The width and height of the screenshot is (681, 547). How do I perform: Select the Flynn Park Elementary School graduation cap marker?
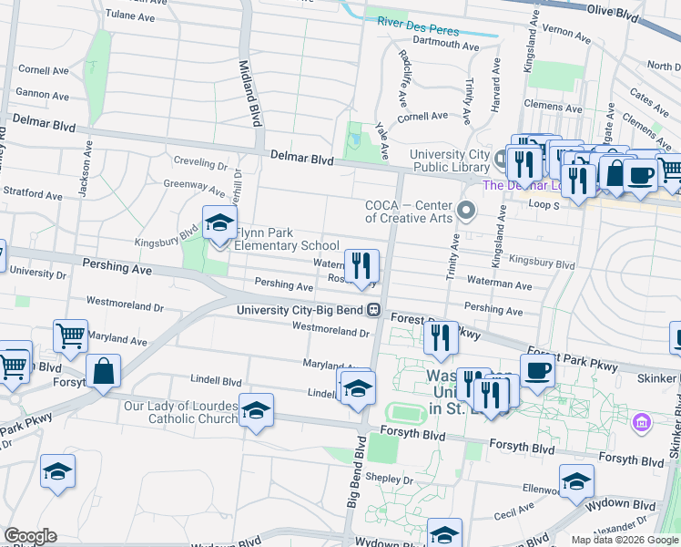click(219, 223)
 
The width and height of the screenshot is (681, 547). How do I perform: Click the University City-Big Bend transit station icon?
click(373, 310)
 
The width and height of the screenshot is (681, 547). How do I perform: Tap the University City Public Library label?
click(450, 160)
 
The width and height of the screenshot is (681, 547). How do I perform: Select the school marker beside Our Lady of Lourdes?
click(256, 411)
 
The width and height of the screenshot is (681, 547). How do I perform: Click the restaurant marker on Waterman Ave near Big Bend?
click(361, 266)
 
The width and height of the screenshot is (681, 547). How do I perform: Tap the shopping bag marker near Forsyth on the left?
click(104, 372)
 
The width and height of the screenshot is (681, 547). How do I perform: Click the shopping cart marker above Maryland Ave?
click(70, 336)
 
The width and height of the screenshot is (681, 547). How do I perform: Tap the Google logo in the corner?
click(31, 536)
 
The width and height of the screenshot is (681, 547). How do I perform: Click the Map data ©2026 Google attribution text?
click(624, 540)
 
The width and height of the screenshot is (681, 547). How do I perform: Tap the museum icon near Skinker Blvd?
click(643, 423)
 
